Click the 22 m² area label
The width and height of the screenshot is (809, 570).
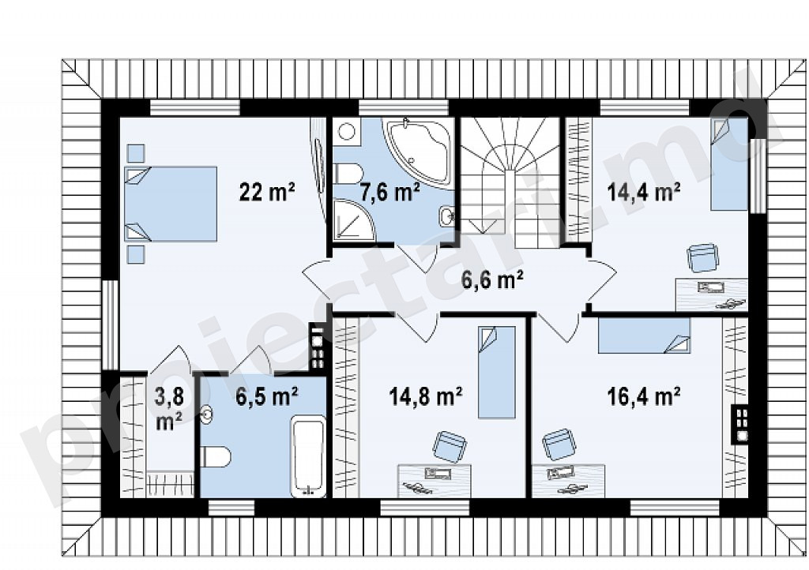(267, 192)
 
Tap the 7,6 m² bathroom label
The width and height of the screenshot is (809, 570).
(389, 193)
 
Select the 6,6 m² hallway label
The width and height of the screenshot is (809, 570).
(492, 280)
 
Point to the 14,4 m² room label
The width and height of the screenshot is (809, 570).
(643, 192)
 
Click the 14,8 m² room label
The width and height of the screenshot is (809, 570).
(425, 397)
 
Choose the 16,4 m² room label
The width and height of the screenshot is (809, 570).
(643, 397)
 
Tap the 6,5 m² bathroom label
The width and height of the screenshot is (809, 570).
(266, 397)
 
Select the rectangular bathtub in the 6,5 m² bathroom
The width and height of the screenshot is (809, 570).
(309, 456)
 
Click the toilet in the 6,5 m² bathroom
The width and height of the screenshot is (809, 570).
(215, 456)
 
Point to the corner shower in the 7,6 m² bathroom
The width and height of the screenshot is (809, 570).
(354, 219)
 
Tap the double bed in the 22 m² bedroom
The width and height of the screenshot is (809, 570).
(171, 204)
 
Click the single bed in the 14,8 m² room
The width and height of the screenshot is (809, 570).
(496, 372)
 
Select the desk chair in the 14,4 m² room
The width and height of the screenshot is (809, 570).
(702, 257)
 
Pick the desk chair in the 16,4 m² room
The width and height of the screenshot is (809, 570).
(558, 444)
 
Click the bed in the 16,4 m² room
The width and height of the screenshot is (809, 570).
(644, 336)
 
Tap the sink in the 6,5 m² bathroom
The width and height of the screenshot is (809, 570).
(206, 415)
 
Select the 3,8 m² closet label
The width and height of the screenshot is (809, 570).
(169, 409)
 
